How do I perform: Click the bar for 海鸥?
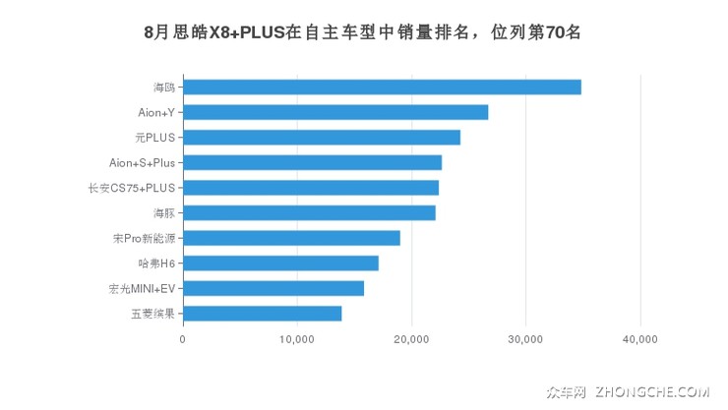pyautogui.click(x=382, y=87)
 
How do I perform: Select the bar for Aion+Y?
pyautogui.click(x=335, y=112)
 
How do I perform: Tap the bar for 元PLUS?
pyautogui.click(x=322, y=138)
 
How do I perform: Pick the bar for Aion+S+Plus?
pyautogui.click(x=312, y=162)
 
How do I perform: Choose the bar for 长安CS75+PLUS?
pyautogui.click(x=311, y=188)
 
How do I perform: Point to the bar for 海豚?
pyautogui.click(x=309, y=212)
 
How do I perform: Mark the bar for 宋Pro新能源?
pyautogui.click(x=291, y=238)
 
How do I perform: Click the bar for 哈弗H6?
pyautogui.click(x=280, y=264)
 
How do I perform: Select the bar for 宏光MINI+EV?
pyautogui.click(x=273, y=288)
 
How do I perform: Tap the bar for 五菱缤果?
pyautogui.click(x=263, y=314)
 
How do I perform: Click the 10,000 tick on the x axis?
pyautogui.click(x=297, y=340)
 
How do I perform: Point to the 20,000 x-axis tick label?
pyautogui.click(x=411, y=340)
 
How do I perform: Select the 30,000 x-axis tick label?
pyautogui.click(x=525, y=340)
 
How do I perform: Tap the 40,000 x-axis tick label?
pyautogui.click(x=640, y=340)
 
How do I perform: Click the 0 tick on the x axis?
pyautogui.click(x=183, y=340)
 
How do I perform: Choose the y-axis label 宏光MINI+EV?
pyautogui.click(x=142, y=288)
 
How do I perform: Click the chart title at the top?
pyautogui.click(x=363, y=31)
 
